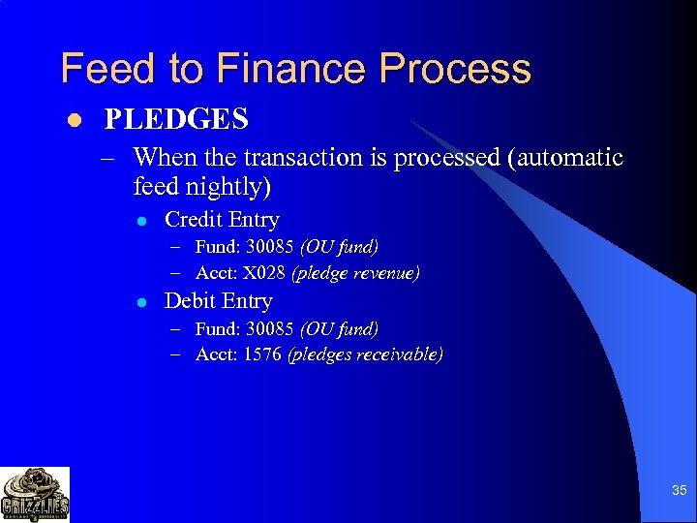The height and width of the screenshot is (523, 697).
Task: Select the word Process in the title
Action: click(x=455, y=70)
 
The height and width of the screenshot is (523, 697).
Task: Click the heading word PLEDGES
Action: click(x=176, y=119)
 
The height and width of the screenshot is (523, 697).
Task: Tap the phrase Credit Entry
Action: click(x=222, y=220)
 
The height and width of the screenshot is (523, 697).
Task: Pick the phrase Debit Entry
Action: click(x=218, y=301)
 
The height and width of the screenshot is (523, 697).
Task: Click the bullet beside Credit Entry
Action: click(x=142, y=221)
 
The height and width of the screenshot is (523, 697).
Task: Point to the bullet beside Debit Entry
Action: click(x=142, y=302)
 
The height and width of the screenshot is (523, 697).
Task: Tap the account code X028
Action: click(x=263, y=273)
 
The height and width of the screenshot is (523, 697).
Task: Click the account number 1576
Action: click(x=262, y=354)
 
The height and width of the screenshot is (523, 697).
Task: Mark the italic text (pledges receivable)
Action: click(x=365, y=354)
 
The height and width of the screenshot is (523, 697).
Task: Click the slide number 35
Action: click(x=680, y=491)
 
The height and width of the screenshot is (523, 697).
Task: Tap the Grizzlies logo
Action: click(x=35, y=494)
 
